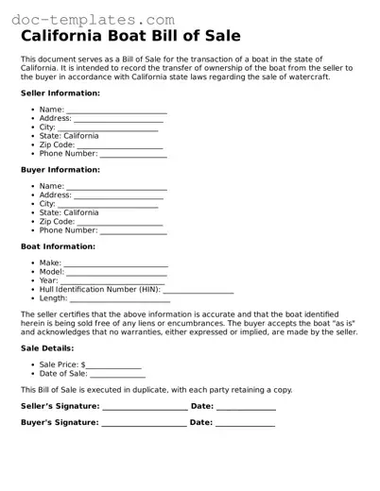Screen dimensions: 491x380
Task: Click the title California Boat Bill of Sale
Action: click(130, 37)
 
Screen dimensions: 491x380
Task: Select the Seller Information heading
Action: click(60, 93)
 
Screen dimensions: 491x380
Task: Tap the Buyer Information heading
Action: click(60, 170)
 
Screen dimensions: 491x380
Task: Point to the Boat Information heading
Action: click(58, 246)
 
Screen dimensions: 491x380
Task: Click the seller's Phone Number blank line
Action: click(133, 155)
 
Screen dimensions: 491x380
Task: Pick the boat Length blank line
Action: click(120, 299)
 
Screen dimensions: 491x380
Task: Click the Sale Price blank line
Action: click(114, 365)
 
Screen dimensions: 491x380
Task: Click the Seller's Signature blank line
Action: click(145, 408)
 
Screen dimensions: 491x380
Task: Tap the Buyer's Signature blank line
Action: click(144, 424)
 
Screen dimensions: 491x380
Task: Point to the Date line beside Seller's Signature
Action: click(246, 408)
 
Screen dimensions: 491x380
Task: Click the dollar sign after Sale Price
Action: click(83, 364)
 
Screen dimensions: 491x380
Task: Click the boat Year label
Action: click(48, 280)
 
